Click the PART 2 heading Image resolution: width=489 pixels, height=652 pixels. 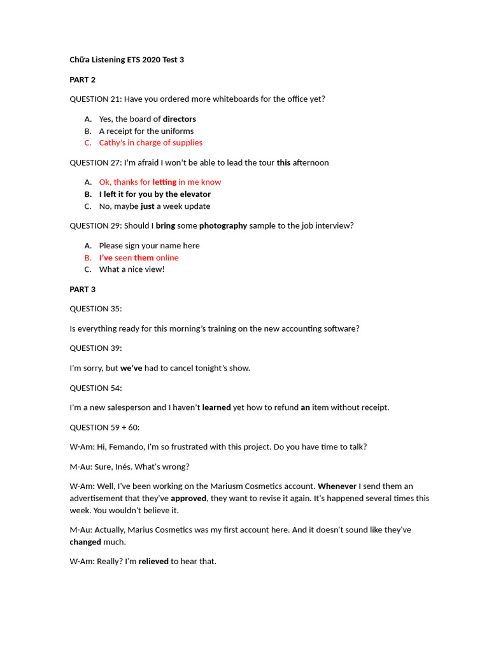[x=82, y=80]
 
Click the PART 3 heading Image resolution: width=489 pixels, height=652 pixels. [x=82, y=289]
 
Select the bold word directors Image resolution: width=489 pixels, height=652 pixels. [x=180, y=119]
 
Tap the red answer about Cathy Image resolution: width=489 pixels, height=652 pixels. [x=150, y=143]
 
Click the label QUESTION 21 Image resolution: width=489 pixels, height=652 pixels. [x=95, y=99]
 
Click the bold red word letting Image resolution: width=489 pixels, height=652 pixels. [x=164, y=182]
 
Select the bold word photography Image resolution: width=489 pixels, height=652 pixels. [x=223, y=225]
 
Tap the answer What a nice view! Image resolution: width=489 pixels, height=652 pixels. [x=132, y=269]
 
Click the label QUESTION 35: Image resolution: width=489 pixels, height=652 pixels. [x=96, y=309]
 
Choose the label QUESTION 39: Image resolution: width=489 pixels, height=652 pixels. [x=96, y=348]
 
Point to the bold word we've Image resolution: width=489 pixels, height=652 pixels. [x=131, y=368]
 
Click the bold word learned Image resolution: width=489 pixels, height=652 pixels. [x=216, y=407]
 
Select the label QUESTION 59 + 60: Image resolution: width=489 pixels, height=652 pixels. [x=104, y=427]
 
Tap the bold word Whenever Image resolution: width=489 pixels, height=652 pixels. [x=337, y=486]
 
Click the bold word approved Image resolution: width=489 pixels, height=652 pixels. [x=188, y=499]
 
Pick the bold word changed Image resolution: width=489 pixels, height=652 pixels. [x=85, y=542]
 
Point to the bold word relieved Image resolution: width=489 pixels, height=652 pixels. [x=153, y=562]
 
